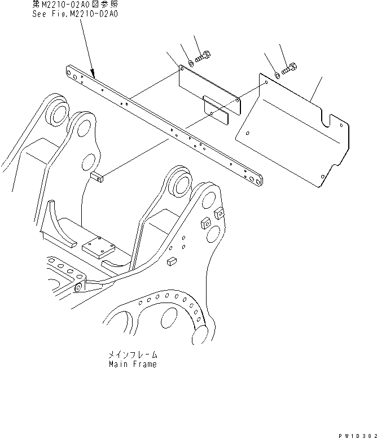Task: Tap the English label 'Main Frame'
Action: click(x=133, y=364)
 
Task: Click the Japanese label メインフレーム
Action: click(x=133, y=356)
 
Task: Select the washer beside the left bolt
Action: click(x=191, y=63)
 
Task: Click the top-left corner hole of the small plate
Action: click(x=181, y=68)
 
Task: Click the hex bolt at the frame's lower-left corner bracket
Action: click(x=77, y=287)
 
